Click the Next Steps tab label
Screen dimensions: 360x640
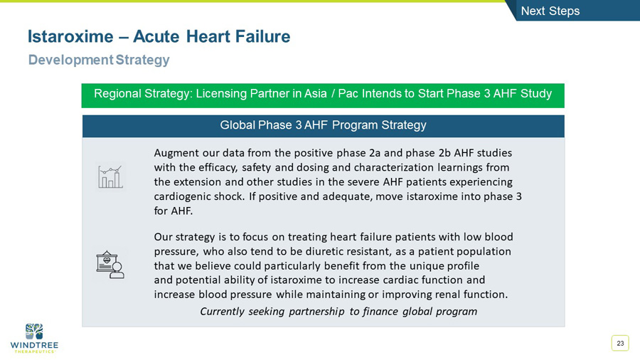[550, 11]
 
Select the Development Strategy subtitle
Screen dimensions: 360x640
[99, 60]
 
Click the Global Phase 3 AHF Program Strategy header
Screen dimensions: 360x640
[323, 125]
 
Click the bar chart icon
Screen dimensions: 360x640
[110, 176]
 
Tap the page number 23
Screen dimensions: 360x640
[620, 344]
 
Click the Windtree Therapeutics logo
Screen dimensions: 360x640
[34, 337]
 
